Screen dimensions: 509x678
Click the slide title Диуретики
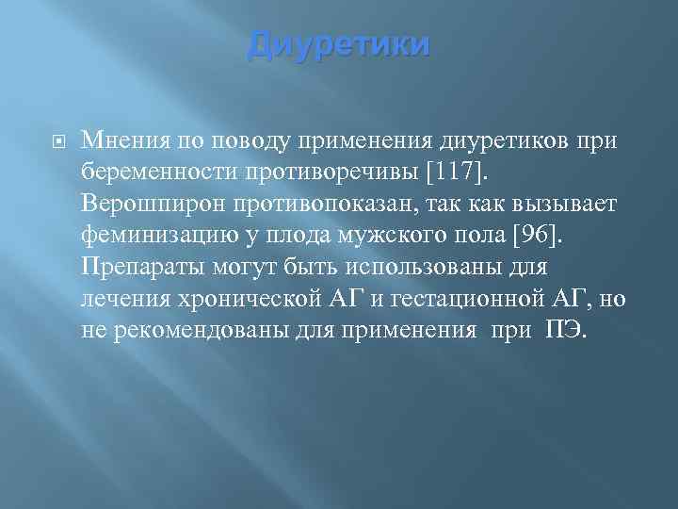tap(338, 45)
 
